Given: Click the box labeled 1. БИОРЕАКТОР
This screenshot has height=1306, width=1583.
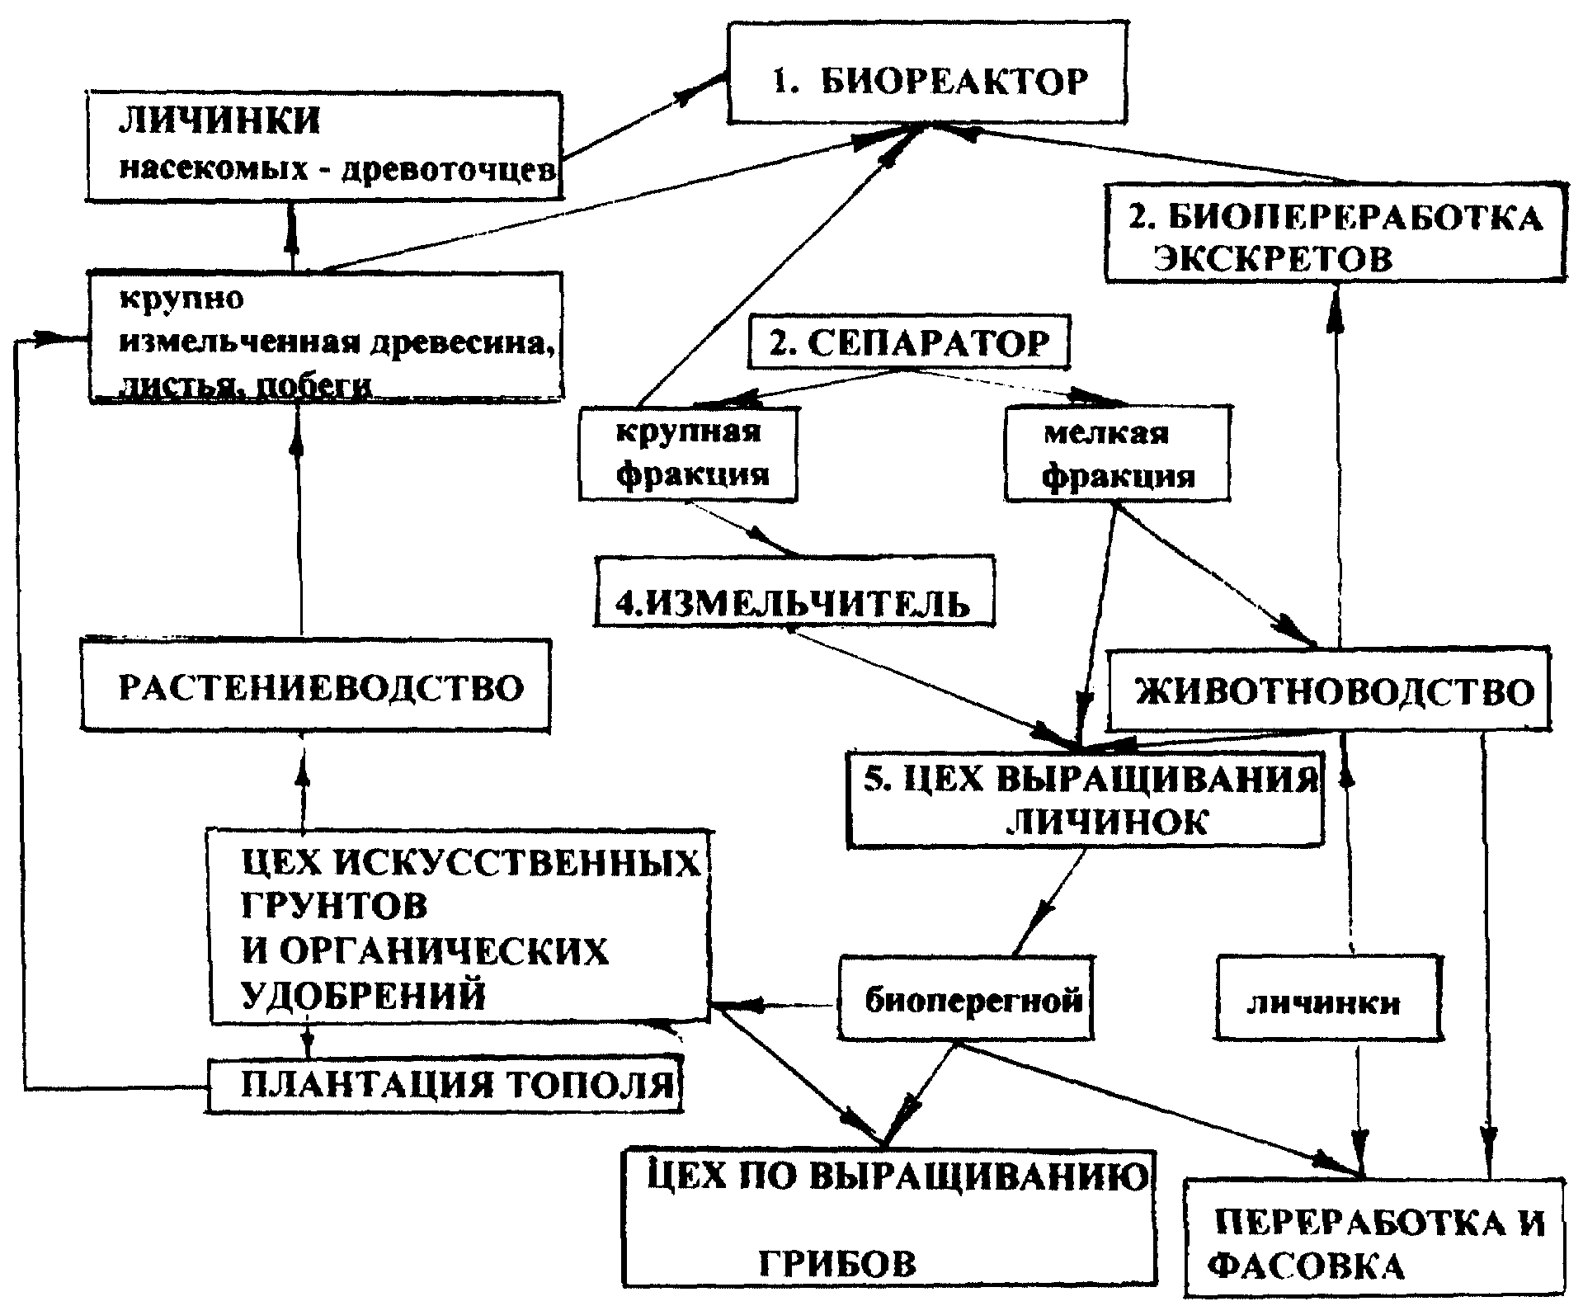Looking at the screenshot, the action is pyautogui.click(x=927, y=73).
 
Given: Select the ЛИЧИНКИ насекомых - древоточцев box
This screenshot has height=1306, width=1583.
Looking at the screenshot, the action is pyautogui.click(x=325, y=146).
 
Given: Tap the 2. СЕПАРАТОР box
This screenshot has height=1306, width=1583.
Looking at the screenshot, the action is pyautogui.click(x=909, y=341).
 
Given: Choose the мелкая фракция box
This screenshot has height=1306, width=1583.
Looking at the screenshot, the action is pyautogui.click(x=1118, y=453).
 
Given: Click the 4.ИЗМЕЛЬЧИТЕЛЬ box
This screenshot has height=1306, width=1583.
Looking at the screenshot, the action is pyautogui.click(x=794, y=591).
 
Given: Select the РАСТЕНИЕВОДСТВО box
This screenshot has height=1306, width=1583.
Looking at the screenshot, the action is pyautogui.click(x=316, y=684).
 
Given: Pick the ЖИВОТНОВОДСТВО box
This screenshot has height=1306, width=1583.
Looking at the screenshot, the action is pyautogui.click(x=1328, y=690).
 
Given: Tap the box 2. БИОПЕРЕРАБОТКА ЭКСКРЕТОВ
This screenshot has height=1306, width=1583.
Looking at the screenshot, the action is pyautogui.click(x=1335, y=233).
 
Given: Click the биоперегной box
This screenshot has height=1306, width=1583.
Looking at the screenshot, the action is pyautogui.click(x=966, y=998).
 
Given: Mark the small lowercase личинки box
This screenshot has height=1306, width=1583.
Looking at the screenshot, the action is pyautogui.click(x=1329, y=997).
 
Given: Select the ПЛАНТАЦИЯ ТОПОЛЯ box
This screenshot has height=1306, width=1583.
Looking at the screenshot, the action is pyautogui.click(x=445, y=1085).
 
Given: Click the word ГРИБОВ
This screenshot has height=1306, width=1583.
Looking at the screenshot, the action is pyautogui.click(x=836, y=1262).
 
